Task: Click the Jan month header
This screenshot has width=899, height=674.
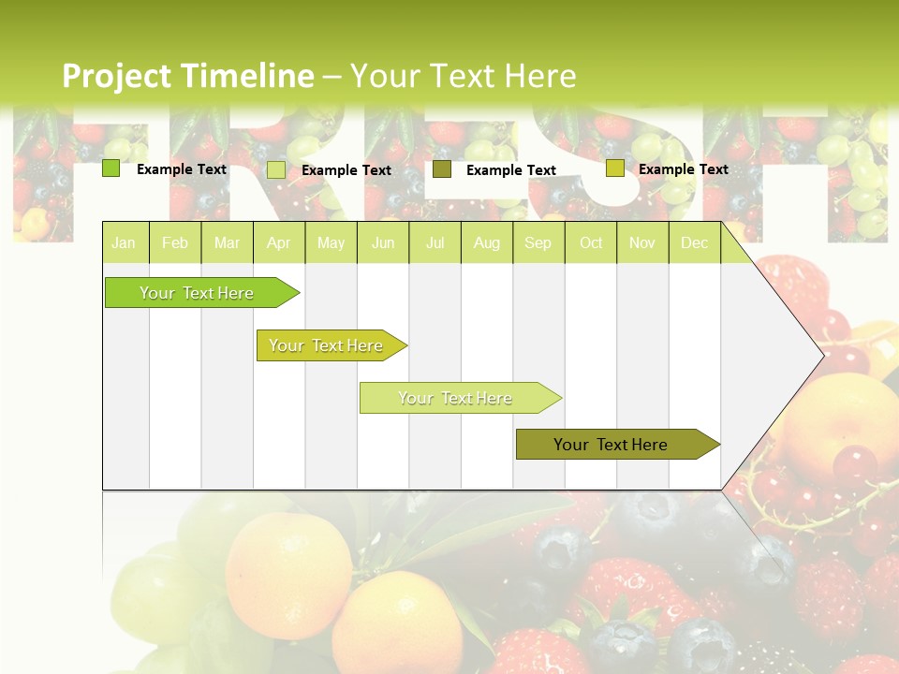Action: [x=125, y=242]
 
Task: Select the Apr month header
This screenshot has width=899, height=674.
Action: [x=279, y=242]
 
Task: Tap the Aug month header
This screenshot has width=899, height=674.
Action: [x=487, y=242]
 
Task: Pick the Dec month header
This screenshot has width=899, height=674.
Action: [x=695, y=242]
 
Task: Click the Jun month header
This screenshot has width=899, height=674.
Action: [x=383, y=242]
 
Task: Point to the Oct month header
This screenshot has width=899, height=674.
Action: [x=591, y=242]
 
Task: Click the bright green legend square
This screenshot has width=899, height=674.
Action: [x=111, y=168]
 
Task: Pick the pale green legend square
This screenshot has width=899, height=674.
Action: [x=276, y=169]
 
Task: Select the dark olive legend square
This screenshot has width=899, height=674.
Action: [x=442, y=169]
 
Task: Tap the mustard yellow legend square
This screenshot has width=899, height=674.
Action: [x=614, y=168]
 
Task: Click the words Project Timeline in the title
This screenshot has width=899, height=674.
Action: [x=187, y=75]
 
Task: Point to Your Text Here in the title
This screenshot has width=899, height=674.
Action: [x=464, y=75]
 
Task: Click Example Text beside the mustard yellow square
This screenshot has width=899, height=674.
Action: [x=683, y=168]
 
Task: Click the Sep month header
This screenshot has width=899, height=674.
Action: [x=538, y=242]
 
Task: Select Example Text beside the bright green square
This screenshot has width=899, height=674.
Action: [x=182, y=168]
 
